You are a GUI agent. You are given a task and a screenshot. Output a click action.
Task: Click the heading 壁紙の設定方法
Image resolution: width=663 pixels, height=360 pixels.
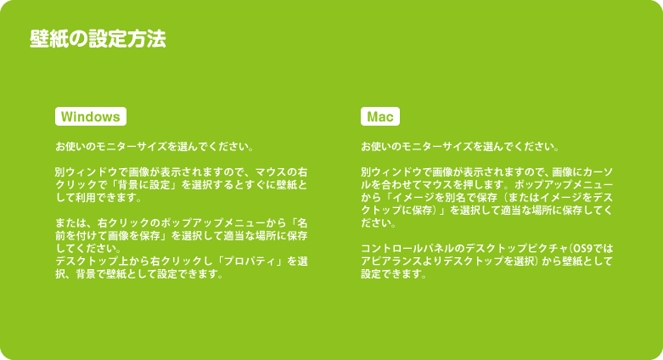(98, 39)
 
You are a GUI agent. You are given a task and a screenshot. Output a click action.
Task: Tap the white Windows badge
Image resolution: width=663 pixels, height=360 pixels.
(91, 116)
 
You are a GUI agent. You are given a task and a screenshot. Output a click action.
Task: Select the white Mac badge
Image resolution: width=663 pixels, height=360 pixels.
(380, 116)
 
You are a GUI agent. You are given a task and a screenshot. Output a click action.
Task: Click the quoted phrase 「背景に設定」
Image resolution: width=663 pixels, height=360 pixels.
(135, 185)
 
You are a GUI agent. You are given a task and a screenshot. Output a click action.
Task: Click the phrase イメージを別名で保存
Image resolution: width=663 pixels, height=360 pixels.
(446, 198)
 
